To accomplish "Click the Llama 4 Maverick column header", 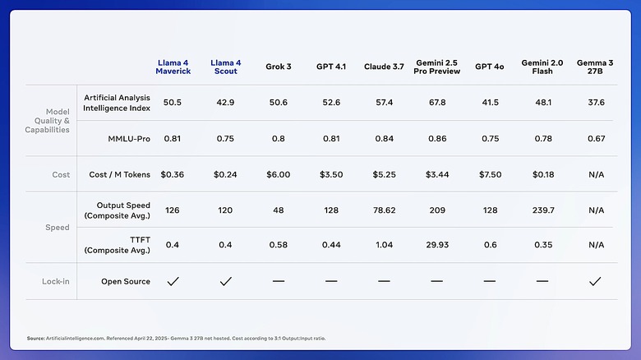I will [x=173, y=67].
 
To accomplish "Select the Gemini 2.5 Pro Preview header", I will [x=436, y=67].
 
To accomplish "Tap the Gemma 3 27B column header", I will [x=595, y=67].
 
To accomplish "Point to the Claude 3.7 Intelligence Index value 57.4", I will [x=384, y=103].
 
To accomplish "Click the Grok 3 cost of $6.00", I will [x=278, y=174].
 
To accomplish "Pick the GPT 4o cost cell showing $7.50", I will [x=489, y=174].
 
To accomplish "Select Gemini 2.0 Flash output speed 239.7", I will [x=542, y=210].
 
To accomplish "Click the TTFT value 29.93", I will [x=436, y=245].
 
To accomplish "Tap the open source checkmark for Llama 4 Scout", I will [x=225, y=281].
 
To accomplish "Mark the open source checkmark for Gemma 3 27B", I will [x=595, y=281].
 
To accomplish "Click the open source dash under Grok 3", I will [x=278, y=281].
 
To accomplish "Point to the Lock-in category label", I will [x=56, y=281].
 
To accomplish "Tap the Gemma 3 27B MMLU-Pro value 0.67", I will [x=595, y=139].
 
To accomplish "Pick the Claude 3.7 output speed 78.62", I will [x=384, y=210].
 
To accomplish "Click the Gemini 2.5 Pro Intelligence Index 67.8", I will [x=436, y=103].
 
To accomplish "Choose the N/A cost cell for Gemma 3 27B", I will [x=595, y=174].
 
